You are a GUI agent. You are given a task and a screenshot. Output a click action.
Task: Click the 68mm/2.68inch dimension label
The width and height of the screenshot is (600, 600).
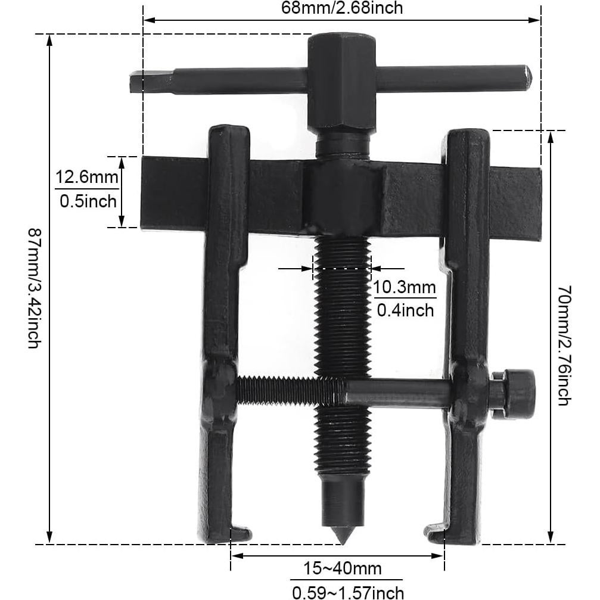[341, 8]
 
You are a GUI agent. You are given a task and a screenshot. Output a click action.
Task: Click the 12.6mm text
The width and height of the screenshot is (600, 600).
[87, 178]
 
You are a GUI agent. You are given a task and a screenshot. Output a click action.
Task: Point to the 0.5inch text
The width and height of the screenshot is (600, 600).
[88, 201]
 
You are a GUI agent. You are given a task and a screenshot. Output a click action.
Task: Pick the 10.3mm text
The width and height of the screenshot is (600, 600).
[405, 288]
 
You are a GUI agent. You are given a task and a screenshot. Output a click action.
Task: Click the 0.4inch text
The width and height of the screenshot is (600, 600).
[405, 310]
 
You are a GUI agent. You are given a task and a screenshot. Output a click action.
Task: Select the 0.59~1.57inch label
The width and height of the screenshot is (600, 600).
[347, 592]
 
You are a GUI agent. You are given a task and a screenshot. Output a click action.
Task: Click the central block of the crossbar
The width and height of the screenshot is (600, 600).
[342, 197]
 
